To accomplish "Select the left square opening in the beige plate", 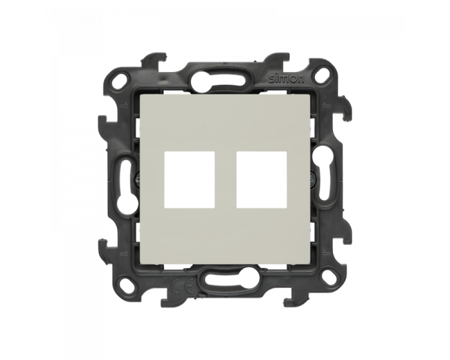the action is (189, 179).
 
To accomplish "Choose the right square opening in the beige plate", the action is (262, 179).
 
